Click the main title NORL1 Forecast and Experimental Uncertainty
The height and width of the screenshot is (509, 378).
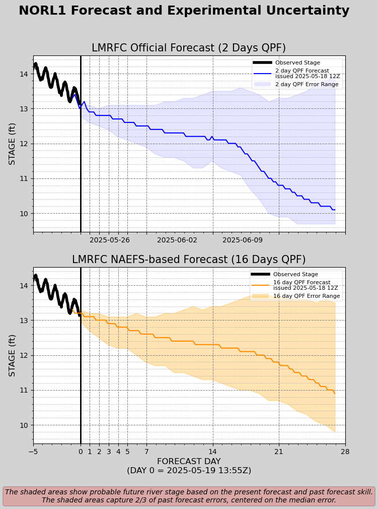tap(184, 11)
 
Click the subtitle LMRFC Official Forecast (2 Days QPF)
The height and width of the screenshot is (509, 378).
tap(189, 48)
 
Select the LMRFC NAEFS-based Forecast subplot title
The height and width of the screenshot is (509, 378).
tap(189, 260)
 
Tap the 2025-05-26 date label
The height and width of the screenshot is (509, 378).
tap(109, 240)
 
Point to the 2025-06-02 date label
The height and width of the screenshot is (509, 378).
tap(177, 240)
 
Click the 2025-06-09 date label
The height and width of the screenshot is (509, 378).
tap(243, 240)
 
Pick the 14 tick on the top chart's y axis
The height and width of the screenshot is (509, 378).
tap(24, 74)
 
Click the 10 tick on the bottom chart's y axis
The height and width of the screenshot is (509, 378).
tap(24, 425)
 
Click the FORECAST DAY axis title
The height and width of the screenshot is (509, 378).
tap(189, 462)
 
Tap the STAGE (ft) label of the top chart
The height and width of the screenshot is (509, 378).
tap(13, 144)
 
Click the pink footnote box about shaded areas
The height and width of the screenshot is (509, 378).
tap(189, 496)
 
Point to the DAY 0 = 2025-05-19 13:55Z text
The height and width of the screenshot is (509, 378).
tap(189, 471)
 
